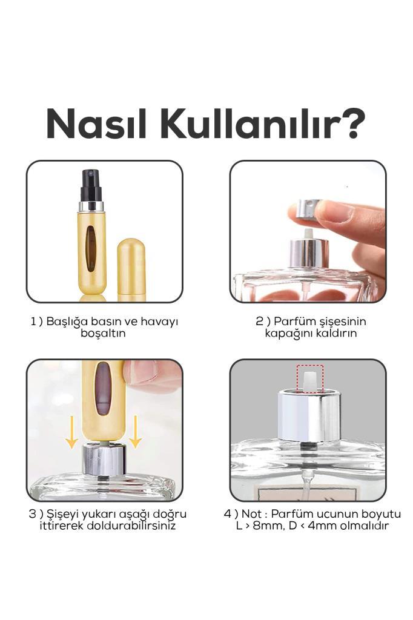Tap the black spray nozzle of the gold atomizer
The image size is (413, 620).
[91, 185]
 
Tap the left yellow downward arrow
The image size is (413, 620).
[71, 432]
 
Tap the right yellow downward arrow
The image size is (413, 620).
[135, 432]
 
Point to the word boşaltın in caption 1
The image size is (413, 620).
[103, 333]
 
